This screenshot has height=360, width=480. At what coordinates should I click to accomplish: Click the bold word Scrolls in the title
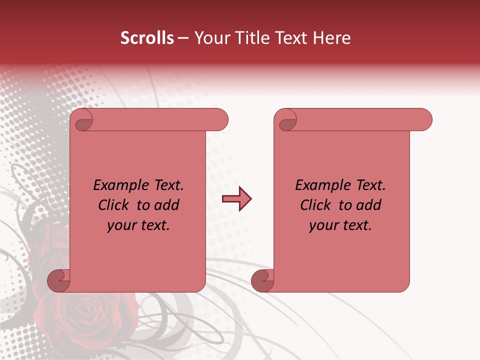tap(147, 38)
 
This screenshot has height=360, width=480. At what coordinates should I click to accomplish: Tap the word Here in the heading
tap(332, 38)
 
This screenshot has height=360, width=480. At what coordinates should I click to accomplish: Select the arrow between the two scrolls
tap(236, 199)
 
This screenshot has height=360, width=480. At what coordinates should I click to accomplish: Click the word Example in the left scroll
tap(116, 185)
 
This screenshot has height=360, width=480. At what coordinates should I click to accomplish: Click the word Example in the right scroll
tap(318, 185)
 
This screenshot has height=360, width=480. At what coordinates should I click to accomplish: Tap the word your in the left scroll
tap(119, 225)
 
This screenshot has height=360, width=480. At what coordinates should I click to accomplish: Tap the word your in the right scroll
tap(321, 225)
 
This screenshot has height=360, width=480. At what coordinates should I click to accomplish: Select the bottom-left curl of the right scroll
tap(263, 280)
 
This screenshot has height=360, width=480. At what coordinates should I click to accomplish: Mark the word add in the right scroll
tap(369, 205)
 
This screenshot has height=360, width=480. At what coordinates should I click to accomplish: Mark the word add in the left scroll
tap(167, 205)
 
